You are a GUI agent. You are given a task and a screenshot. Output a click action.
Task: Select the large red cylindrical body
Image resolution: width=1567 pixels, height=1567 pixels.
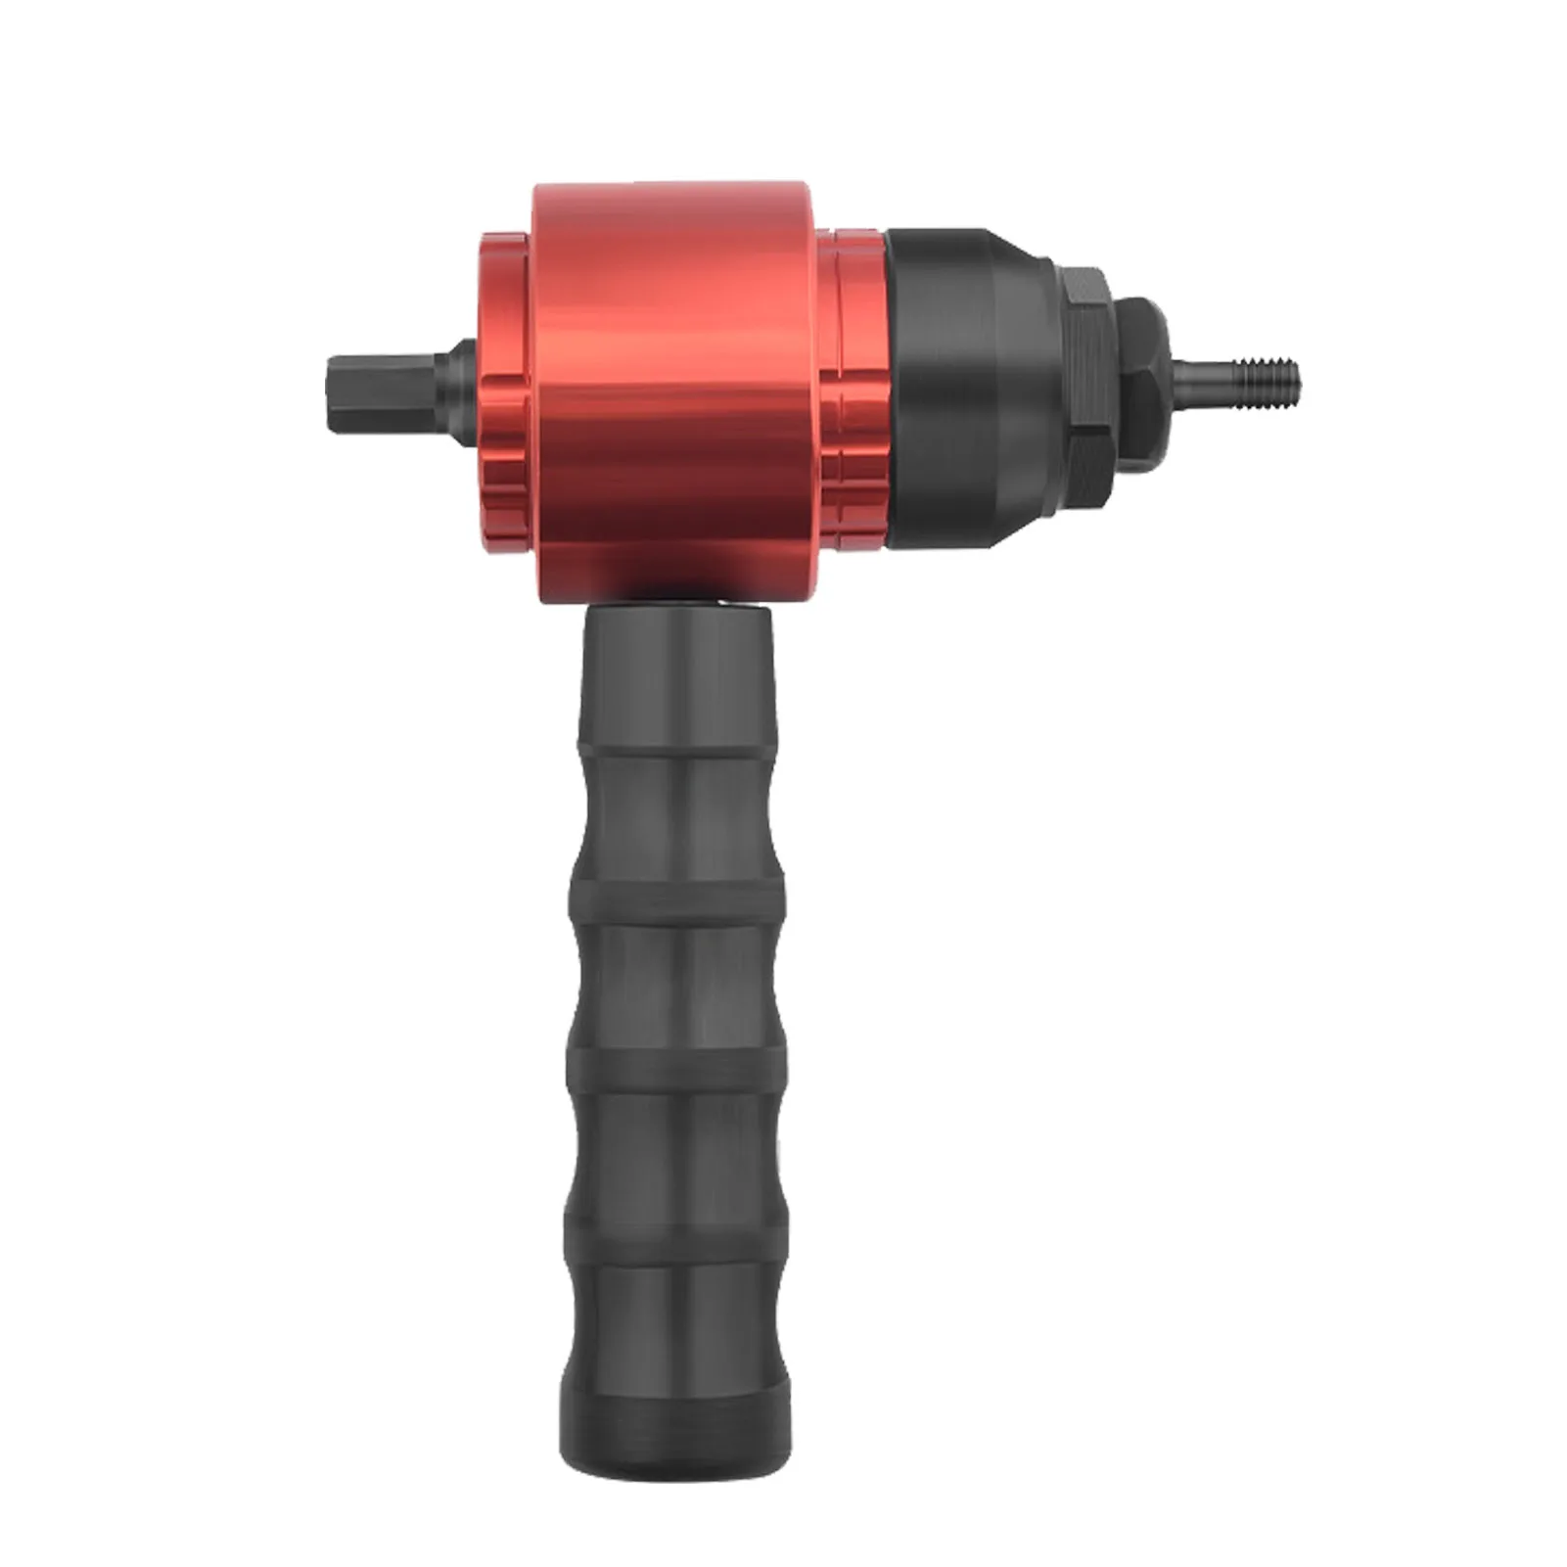(675, 392)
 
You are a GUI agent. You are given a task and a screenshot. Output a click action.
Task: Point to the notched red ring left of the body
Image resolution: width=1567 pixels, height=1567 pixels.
(505, 392)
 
